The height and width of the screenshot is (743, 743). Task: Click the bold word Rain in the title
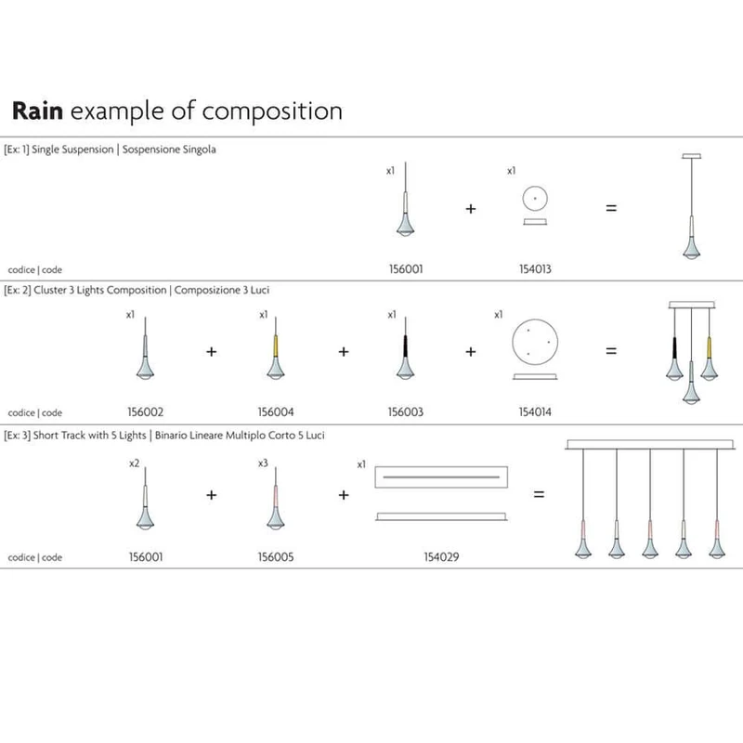pyautogui.click(x=37, y=111)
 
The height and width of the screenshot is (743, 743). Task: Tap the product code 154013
pyautogui.click(x=535, y=269)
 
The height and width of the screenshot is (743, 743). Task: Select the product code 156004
pyautogui.click(x=276, y=412)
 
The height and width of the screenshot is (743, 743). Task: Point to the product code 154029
pyautogui.click(x=441, y=556)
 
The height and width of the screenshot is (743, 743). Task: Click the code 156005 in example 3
pyautogui.click(x=276, y=556)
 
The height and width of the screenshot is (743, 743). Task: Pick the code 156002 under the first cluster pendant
pyautogui.click(x=146, y=412)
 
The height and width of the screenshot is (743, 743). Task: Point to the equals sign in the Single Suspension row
pyautogui.click(x=611, y=208)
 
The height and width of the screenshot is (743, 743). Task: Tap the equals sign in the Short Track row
pyautogui.click(x=539, y=494)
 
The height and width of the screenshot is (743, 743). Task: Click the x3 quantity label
pyautogui.click(x=263, y=463)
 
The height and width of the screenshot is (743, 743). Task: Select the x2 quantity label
pyautogui.click(x=134, y=463)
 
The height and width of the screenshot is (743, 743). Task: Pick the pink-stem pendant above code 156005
pyautogui.click(x=276, y=499)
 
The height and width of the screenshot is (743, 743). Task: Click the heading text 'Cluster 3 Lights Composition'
pyautogui.click(x=100, y=290)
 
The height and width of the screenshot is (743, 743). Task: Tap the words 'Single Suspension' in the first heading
pyautogui.click(x=72, y=150)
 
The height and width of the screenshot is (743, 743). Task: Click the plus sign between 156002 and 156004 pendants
pyautogui.click(x=212, y=352)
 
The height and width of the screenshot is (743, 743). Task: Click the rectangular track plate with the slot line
pyautogui.click(x=441, y=477)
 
